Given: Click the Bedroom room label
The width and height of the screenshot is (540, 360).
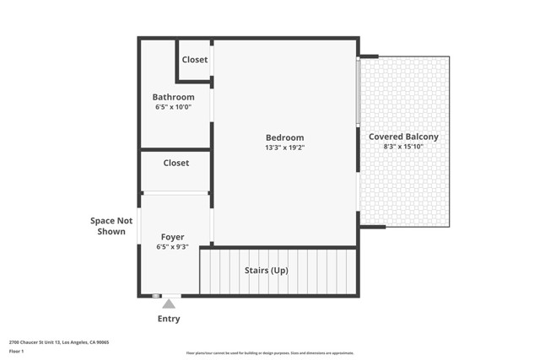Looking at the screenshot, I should click(x=284, y=137).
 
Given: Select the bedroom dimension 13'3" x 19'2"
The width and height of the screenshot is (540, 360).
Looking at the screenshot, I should click(x=284, y=148).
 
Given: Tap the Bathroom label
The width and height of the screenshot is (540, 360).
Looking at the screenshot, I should click(x=173, y=97).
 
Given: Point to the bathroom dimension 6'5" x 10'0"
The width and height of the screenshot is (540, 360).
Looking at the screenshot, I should click(x=173, y=107).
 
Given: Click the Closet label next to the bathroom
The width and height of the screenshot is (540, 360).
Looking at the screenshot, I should click(x=195, y=60).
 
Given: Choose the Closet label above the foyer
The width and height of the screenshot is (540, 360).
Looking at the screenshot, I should click(x=175, y=163).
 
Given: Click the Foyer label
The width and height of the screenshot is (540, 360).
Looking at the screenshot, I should click(x=172, y=237).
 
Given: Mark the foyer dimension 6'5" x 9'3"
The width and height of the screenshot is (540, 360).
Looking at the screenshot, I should click(x=172, y=247).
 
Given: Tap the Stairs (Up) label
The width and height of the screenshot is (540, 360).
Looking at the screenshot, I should click(x=267, y=271).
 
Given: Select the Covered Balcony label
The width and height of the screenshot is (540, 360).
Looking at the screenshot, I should click(x=403, y=137).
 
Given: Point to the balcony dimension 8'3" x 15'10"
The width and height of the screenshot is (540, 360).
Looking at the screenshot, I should click(x=403, y=147).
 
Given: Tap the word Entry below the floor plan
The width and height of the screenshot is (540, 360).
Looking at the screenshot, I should click(x=169, y=319).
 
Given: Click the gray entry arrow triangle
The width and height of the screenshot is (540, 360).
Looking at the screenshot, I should click(x=169, y=304).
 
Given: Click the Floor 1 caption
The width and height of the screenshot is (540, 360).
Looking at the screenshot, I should click(x=17, y=351).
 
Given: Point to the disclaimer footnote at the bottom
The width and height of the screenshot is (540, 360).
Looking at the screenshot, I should click(x=270, y=353).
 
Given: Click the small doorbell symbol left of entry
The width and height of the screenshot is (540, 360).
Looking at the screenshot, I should click(x=156, y=296).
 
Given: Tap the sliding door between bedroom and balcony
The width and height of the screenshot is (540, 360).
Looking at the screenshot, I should click(x=359, y=93).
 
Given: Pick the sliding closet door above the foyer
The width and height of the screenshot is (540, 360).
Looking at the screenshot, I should click(x=175, y=193).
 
